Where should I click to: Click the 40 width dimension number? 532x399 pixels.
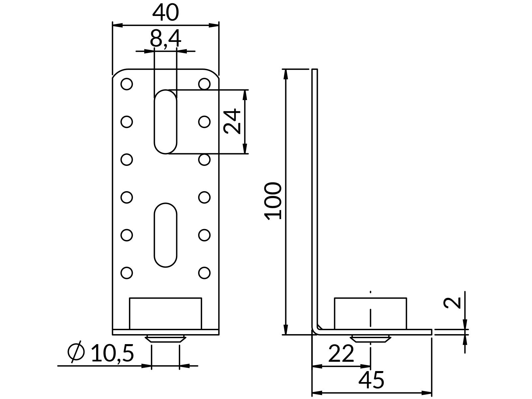tap(166, 13)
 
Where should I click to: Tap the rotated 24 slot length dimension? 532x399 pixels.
tap(232, 121)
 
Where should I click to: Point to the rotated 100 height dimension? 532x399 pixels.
tap(273, 200)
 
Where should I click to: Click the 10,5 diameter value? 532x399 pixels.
tap(112, 353)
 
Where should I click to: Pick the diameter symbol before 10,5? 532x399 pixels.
tap(76, 352)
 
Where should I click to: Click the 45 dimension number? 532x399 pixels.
tap(371, 380)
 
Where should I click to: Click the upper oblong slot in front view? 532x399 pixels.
tap(165, 122)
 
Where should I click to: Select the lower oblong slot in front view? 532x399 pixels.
tap(165, 235)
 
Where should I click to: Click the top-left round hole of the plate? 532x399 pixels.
tap(127, 84)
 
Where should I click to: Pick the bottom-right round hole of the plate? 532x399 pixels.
tap(204, 273)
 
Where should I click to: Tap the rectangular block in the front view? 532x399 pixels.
tap(165, 313)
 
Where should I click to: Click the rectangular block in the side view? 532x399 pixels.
tap(370, 313)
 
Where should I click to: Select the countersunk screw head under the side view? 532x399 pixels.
tap(370, 339)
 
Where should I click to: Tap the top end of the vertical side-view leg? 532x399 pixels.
tap(315, 70)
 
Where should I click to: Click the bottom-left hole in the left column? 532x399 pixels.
tap(127, 273)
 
